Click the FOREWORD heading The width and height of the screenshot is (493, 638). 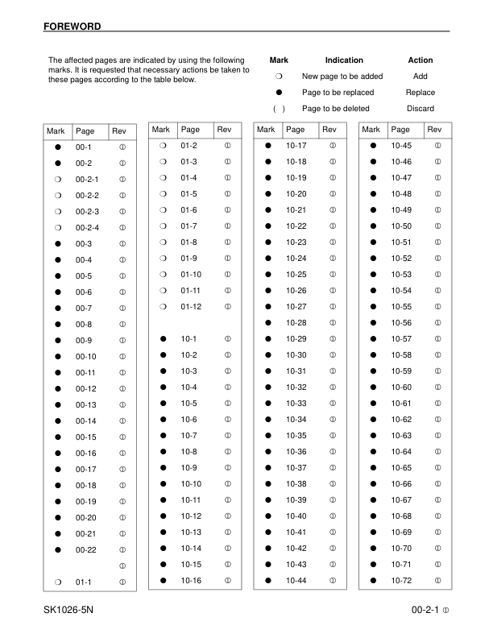pos(72,27)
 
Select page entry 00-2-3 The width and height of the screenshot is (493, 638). pos(87,211)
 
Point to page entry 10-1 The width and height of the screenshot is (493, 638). pos(188,338)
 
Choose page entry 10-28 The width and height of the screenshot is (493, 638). pos(296,322)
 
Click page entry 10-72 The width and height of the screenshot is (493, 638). pos(401,580)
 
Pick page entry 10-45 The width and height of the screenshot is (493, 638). pos(401,145)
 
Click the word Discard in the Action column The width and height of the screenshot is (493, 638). pos(420,108)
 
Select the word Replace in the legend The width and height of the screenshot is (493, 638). pos(420,92)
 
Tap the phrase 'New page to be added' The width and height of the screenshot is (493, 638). pos(342,76)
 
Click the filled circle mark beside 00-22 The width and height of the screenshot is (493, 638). pos(58,549)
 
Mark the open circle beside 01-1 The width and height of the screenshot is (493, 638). pos(58,582)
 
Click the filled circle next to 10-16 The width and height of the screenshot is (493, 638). pos(163,580)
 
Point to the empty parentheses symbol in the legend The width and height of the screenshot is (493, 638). pos(279,108)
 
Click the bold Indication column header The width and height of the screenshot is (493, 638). pos(344,60)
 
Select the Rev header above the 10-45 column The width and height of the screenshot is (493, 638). pos(434,129)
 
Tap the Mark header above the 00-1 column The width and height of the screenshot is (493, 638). pos(56,130)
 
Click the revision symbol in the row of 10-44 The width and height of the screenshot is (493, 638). pos(332,580)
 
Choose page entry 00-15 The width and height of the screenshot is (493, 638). pos(85,437)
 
